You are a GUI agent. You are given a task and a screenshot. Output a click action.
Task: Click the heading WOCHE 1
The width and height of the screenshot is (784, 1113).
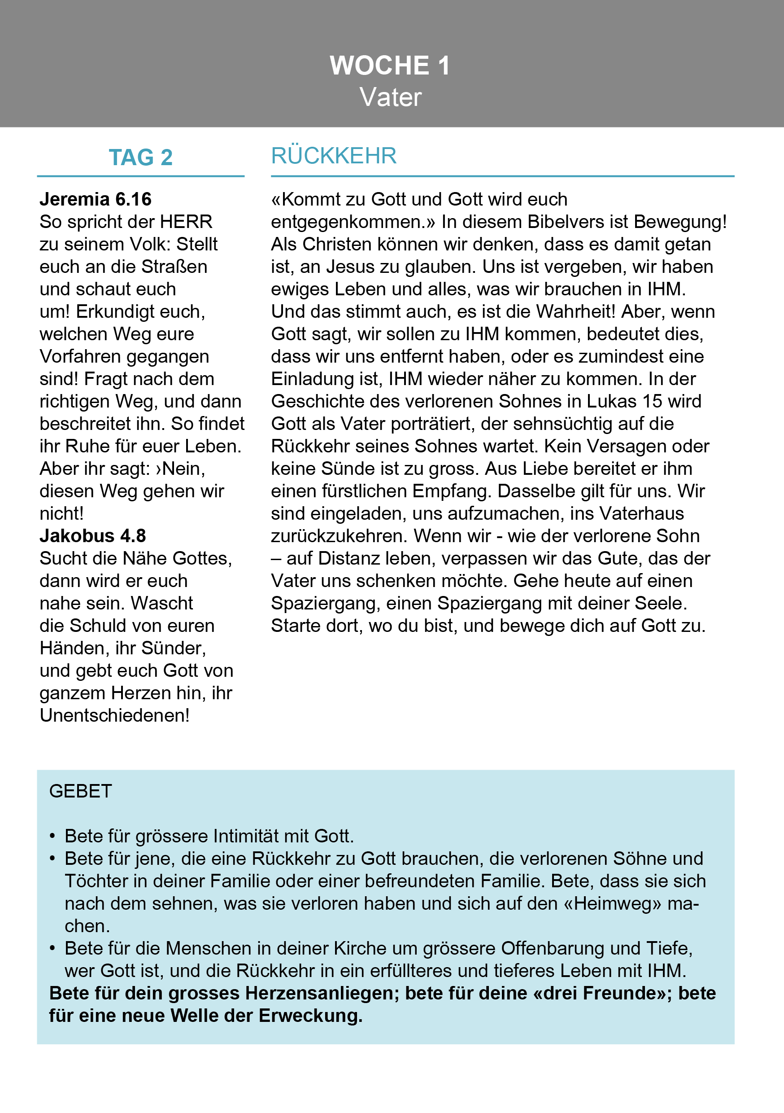point(390,66)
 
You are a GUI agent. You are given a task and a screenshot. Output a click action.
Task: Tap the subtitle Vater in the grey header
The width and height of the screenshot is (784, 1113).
point(391,97)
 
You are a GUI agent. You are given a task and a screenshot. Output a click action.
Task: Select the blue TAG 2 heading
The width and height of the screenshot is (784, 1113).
point(140,158)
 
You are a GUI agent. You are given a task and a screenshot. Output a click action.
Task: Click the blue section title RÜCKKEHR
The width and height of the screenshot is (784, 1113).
point(334,156)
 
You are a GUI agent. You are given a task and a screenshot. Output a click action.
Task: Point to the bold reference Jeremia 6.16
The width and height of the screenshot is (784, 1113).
point(96,199)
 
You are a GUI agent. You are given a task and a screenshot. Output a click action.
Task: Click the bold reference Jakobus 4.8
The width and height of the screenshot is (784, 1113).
point(92,536)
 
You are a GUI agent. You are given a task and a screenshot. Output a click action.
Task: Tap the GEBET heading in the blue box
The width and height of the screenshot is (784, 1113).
point(80,791)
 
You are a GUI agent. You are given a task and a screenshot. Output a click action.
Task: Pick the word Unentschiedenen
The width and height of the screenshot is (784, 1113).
point(114,715)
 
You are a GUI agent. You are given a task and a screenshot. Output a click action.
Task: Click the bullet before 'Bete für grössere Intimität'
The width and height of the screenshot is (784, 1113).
point(52,836)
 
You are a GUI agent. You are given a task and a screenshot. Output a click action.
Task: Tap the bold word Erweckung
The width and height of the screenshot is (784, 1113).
point(311,1016)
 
